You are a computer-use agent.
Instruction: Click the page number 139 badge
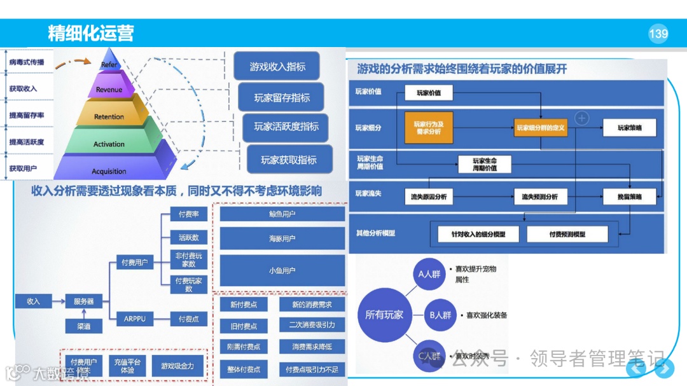[x=658, y=34]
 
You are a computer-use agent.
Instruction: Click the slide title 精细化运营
[x=91, y=33]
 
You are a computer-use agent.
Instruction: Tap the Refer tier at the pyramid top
[x=109, y=65]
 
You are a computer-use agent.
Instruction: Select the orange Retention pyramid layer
[x=109, y=116]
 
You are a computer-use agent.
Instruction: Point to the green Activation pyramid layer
[x=109, y=144]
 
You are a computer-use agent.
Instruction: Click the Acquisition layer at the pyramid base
[x=109, y=171]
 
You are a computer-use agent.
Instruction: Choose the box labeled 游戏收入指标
[x=277, y=67]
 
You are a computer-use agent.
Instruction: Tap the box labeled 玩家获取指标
[x=289, y=160]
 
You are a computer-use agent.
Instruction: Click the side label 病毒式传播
[x=27, y=62]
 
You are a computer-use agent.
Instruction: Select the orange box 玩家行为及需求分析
[x=428, y=127]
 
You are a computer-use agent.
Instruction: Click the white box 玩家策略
[x=629, y=128]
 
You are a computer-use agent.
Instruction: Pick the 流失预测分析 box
[x=539, y=196]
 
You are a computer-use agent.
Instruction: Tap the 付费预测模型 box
[x=567, y=234]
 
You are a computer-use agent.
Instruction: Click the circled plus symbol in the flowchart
[x=582, y=118]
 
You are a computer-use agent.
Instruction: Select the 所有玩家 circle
[x=384, y=315]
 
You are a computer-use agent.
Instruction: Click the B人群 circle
[x=440, y=315]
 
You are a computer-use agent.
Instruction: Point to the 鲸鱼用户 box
[x=282, y=214]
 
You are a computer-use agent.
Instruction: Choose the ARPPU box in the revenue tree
[x=135, y=319]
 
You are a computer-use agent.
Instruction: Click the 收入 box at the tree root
[x=33, y=301]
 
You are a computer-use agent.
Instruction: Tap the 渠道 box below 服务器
[x=83, y=326]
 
